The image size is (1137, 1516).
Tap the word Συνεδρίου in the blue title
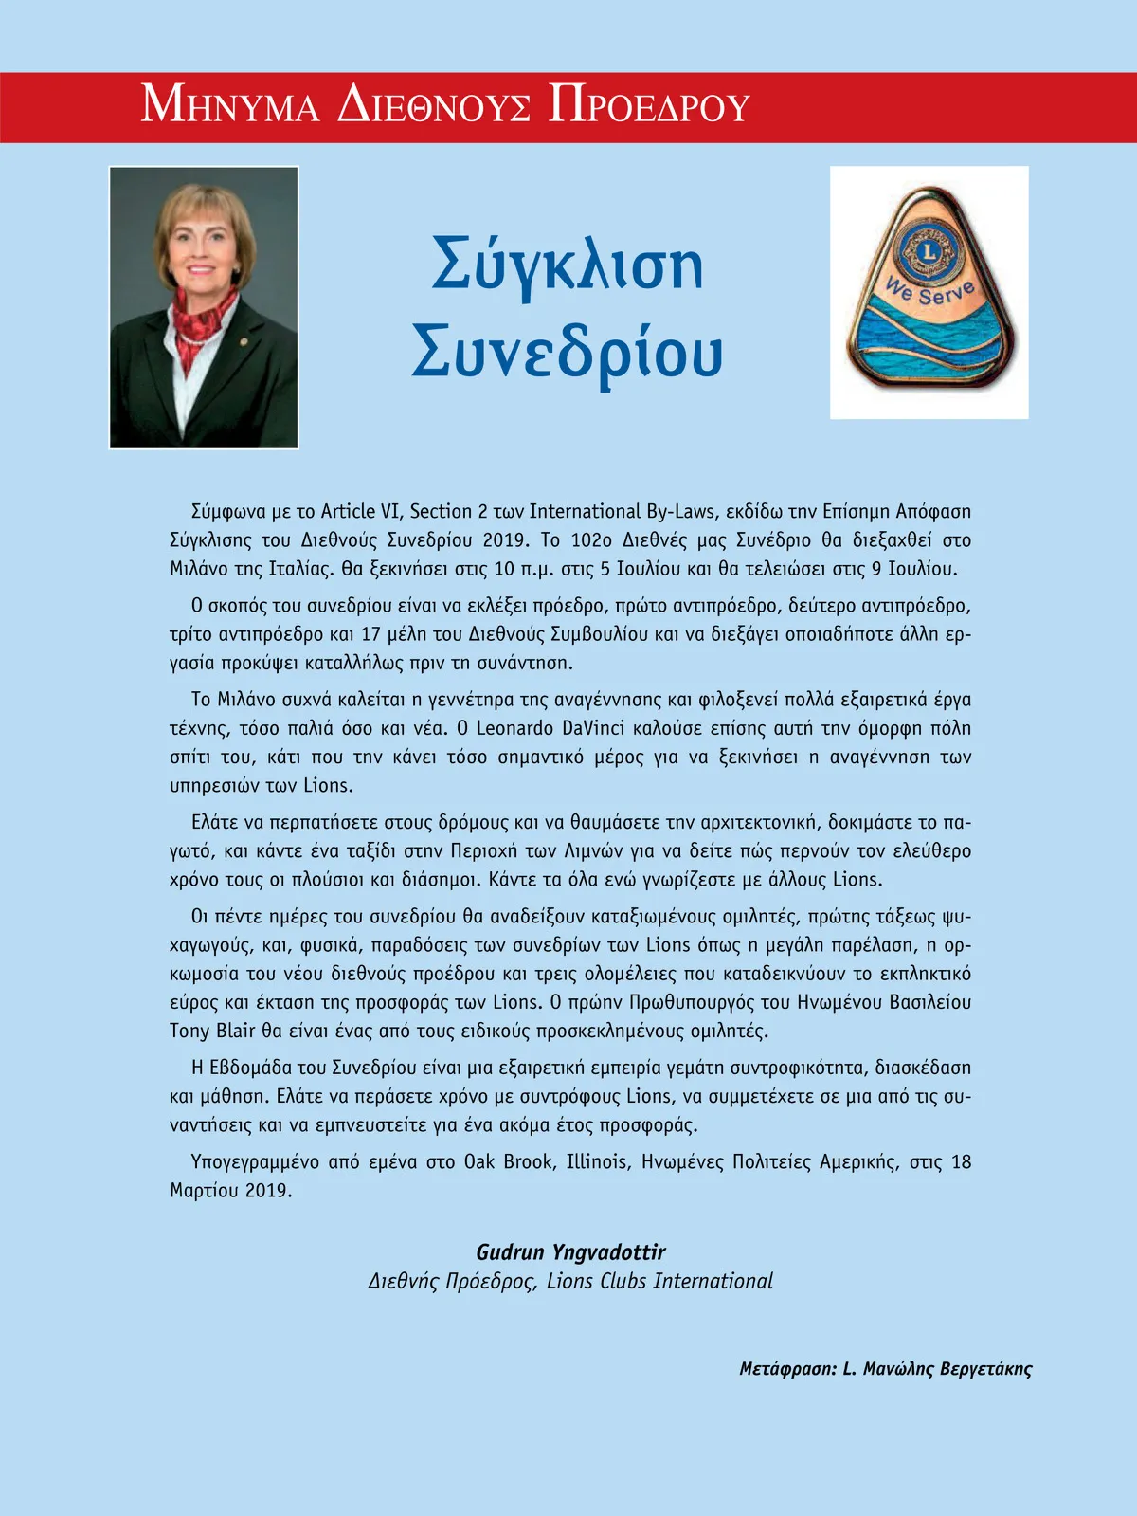point(567,353)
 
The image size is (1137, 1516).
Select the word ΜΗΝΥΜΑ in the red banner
point(230,105)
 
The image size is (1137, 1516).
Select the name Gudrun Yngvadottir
point(570,1252)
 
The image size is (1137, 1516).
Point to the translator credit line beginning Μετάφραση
point(885,1369)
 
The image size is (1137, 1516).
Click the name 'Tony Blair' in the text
point(212,1031)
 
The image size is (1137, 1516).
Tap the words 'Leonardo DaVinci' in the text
point(556,728)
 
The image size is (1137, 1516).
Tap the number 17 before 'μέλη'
point(370,634)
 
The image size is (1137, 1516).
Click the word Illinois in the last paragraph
point(597,1161)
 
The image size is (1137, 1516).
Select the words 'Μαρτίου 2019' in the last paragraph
point(230,1190)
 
